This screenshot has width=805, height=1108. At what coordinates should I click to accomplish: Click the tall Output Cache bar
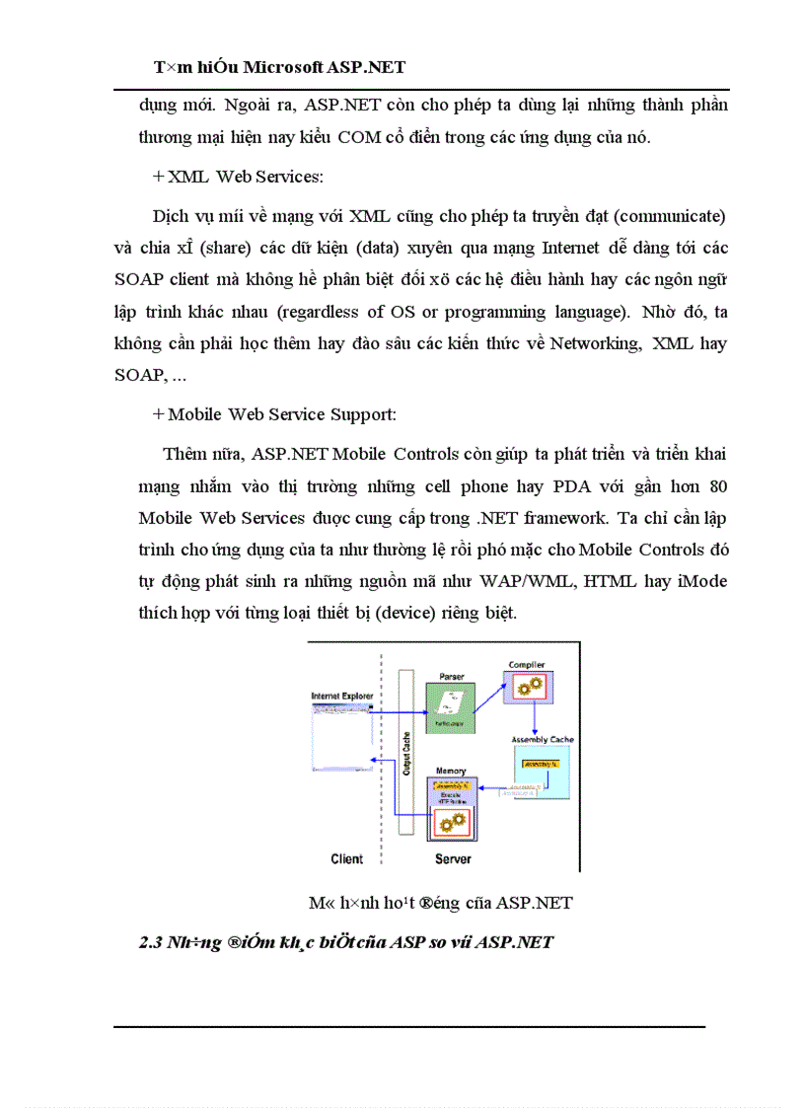click(x=404, y=755)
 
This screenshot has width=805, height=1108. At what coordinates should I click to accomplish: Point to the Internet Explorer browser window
click(x=341, y=735)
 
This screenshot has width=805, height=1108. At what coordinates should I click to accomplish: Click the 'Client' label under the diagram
click(x=346, y=858)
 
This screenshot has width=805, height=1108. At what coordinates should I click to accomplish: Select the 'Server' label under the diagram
click(x=453, y=858)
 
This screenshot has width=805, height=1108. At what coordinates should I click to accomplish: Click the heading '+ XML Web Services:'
click(x=240, y=176)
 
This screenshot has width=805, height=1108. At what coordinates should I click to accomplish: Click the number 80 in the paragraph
click(x=717, y=486)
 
